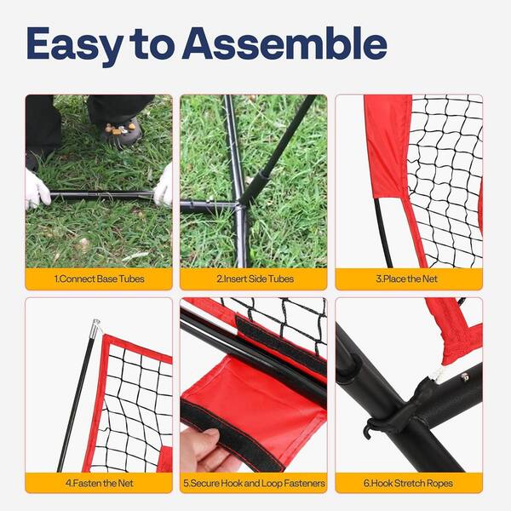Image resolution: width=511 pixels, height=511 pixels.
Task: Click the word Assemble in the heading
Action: click(x=284, y=43)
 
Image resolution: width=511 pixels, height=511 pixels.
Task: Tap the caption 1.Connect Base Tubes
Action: click(x=99, y=279)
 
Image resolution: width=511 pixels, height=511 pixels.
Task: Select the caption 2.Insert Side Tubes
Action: click(x=255, y=279)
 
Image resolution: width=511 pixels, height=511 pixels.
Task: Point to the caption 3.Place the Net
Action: click(x=406, y=279)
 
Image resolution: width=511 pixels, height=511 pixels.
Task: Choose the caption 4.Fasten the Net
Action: click(x=100, y=483)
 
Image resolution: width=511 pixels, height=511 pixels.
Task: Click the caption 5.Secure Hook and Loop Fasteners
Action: click(x=254, y=483)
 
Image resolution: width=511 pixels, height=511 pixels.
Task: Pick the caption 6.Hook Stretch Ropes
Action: click(x=408, y=483)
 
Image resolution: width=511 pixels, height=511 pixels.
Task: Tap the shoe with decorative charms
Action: click(x=122, y=131)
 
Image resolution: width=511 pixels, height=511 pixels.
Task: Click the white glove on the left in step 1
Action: click(x=37, y=190)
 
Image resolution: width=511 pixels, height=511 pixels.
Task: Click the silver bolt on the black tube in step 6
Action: click(x=465, y=377)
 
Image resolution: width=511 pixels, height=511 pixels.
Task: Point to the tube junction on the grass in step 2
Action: click(x=239, y=205)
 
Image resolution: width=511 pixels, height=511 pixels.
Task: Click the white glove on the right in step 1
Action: click(x=164, y=186)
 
